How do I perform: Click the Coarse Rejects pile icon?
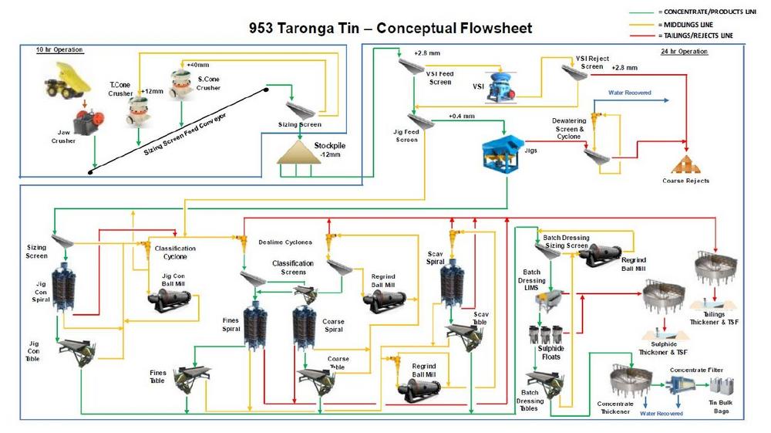[685, 164]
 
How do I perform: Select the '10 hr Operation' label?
[59, 50]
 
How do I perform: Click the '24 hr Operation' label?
[683, 51]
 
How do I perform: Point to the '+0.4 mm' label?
[461, 117]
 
